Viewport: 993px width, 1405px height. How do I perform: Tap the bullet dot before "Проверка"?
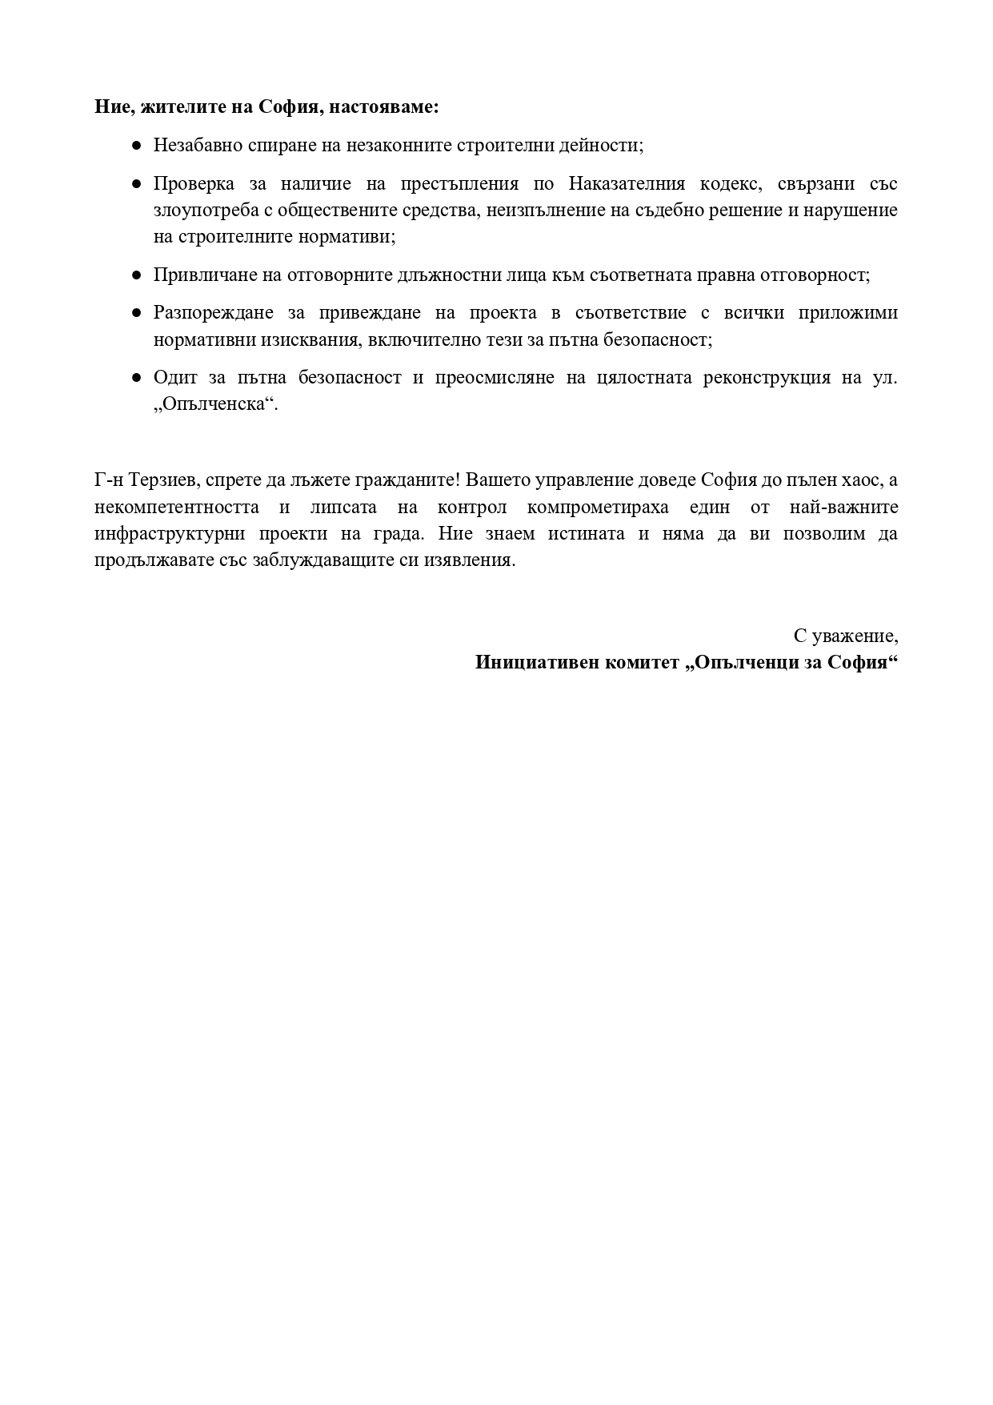(x=137, y=184)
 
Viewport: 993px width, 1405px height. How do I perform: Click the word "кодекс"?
(x=729, y=184)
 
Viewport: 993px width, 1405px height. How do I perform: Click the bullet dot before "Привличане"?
(x=137, y=275)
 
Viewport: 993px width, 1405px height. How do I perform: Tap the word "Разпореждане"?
(x=214, y=313)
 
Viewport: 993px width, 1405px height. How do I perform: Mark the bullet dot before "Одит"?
(x=137, y=378)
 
